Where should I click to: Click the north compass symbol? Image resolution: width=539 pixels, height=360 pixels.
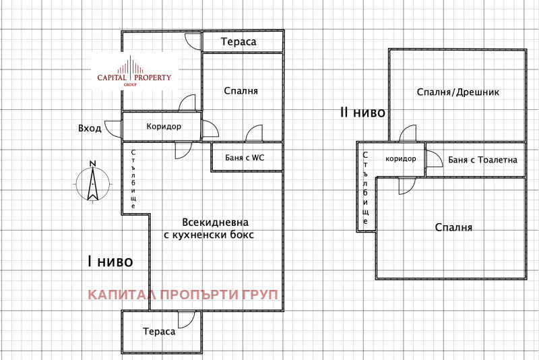[90, 181]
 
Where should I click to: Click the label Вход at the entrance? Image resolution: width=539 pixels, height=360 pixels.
[89, 128]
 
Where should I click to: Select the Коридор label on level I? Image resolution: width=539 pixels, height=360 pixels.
[162, 126]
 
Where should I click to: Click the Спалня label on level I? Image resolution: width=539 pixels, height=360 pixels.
[241, 91]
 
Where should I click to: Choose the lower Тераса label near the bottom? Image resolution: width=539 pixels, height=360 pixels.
[159, 331]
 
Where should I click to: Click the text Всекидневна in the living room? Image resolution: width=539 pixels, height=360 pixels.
[216, 222]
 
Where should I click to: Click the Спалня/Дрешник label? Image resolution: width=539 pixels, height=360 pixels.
[458, 92]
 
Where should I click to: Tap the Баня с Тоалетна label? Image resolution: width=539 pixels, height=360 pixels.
[482, 160]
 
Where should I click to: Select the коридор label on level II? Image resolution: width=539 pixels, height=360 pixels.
[400, 159]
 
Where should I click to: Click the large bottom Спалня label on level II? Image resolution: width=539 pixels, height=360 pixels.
[453, 227]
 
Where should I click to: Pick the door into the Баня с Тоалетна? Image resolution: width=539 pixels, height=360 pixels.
[434, 158]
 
